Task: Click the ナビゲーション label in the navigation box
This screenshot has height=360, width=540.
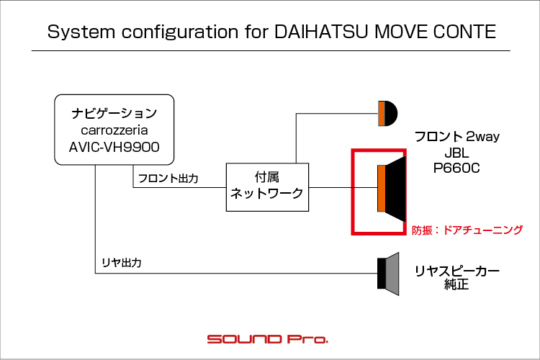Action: click(x=114, y=113)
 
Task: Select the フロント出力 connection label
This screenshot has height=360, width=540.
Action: click(x=168, y=177)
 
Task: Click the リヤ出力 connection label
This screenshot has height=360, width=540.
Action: click(x=122, y=264)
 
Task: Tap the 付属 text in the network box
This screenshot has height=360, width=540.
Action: click(x=266, y=177)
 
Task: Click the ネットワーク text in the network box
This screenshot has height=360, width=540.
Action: click(x=266, y=194)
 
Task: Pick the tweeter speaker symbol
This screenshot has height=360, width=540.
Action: click(x=387, y=113)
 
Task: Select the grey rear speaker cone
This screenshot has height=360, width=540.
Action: click(x=392, y=273)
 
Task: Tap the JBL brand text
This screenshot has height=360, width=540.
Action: click(x=456, y=153)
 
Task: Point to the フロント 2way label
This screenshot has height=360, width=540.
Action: click(x=456, y=136)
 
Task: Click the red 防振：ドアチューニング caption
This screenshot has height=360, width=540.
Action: click(x=467, y=230)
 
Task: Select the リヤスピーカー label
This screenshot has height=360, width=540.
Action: click(x=456, y=271)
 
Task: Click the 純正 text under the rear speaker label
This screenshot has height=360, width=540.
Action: click(x=456, y=285)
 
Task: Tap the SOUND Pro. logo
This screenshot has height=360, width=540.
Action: click(x=268, y=338)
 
